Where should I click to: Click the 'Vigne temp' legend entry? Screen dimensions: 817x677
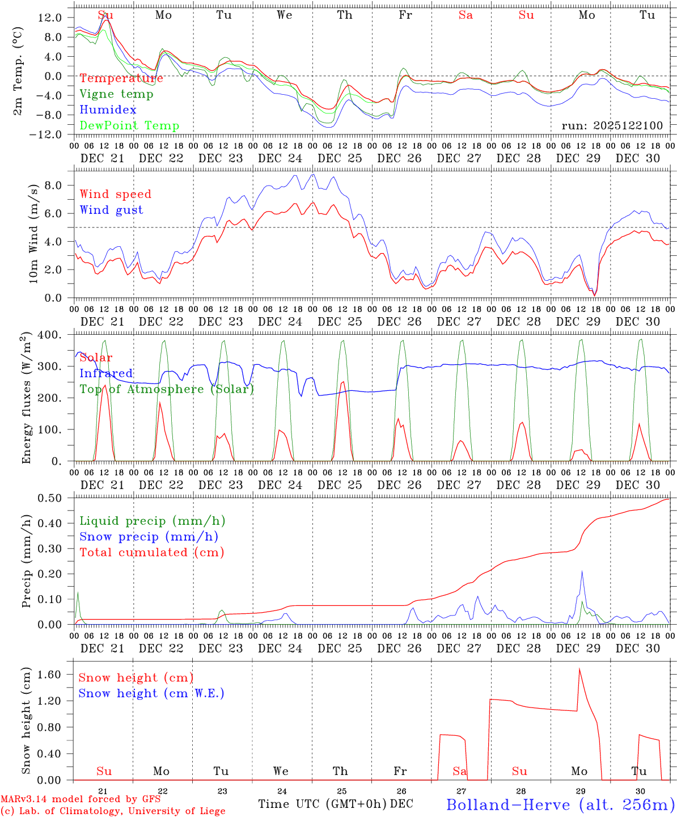coord(116,94)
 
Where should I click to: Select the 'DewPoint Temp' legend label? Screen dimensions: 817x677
coord(129,126)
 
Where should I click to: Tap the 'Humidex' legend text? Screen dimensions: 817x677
coord(108,110)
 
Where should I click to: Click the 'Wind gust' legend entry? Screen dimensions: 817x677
coord(111,210)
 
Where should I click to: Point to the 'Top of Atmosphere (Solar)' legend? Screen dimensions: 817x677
coord(167,389)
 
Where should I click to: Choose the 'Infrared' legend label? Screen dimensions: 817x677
coord(106,373)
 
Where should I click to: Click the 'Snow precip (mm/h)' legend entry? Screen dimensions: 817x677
coord(149,537)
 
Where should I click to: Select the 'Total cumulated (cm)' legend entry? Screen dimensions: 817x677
coord(152,553)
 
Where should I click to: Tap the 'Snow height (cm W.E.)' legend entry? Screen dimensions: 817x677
coord(151,693)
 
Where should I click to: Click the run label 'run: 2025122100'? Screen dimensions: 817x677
coord(612,125)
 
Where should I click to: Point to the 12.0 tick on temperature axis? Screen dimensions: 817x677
coord(50,18)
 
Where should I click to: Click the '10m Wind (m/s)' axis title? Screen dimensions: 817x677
coord(34,233)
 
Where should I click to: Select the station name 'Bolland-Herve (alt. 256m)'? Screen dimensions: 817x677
coord(560,804)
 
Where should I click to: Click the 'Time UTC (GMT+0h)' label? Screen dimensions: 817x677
coord(323,804)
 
